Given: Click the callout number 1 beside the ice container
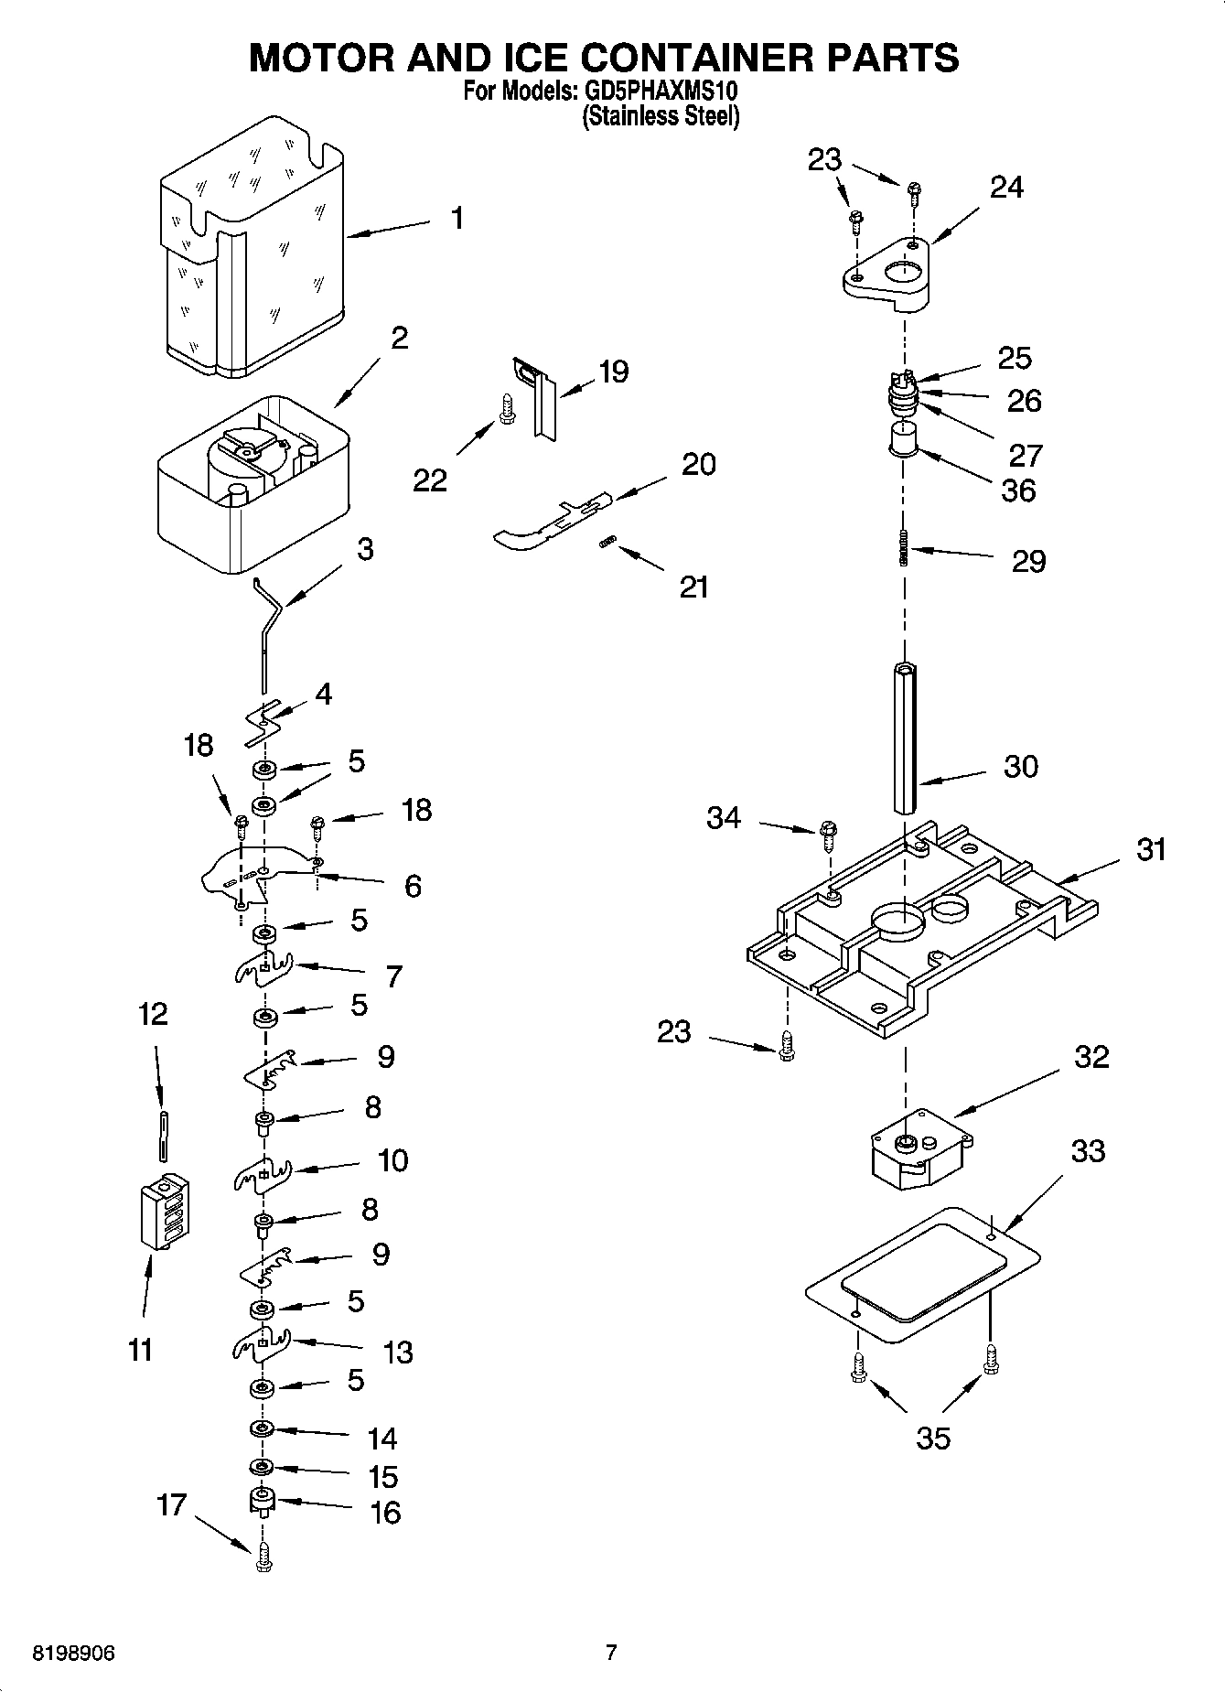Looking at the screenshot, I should coord(457,219).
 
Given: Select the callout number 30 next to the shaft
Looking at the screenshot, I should coord(1020,766).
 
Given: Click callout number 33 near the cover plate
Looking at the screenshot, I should coord(1088,1150).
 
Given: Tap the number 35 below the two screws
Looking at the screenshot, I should coord(933,1438).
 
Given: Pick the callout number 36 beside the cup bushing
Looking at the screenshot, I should coord(1018,490).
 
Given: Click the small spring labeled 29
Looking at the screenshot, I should coord(905,548).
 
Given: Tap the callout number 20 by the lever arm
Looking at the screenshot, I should coord(698,464).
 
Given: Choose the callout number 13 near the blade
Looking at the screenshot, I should coord(398,1352).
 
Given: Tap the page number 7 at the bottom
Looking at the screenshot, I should coord(611,1653).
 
